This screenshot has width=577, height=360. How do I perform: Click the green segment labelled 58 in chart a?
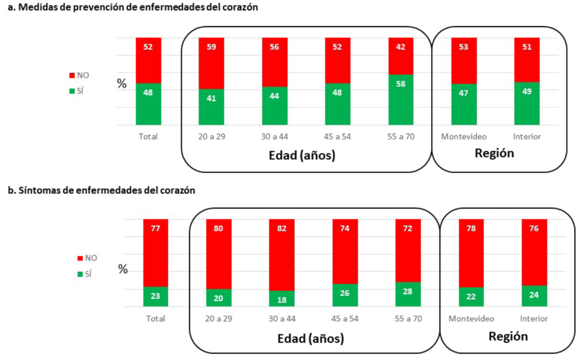click(401, 100)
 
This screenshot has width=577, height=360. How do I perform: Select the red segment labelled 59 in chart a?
click(211, 63)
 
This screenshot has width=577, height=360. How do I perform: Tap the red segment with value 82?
click(282, 254)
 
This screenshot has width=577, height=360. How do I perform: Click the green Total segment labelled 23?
click(156, 296)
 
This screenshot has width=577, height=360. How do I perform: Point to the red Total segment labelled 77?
click(156, 252)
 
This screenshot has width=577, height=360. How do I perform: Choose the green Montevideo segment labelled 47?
click(464, 104)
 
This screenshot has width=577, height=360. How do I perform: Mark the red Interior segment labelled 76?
click(534, 252)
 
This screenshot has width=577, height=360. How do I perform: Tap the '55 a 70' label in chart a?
click(401, 137)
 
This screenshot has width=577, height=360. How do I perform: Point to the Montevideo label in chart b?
click(471, 318)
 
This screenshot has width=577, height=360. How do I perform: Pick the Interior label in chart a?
click(527, 137)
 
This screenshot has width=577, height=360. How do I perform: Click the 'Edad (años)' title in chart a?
click(302, 155)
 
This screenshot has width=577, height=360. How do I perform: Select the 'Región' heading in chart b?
click(508, 336)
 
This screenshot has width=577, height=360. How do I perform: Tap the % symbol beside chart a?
click(122, 84)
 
